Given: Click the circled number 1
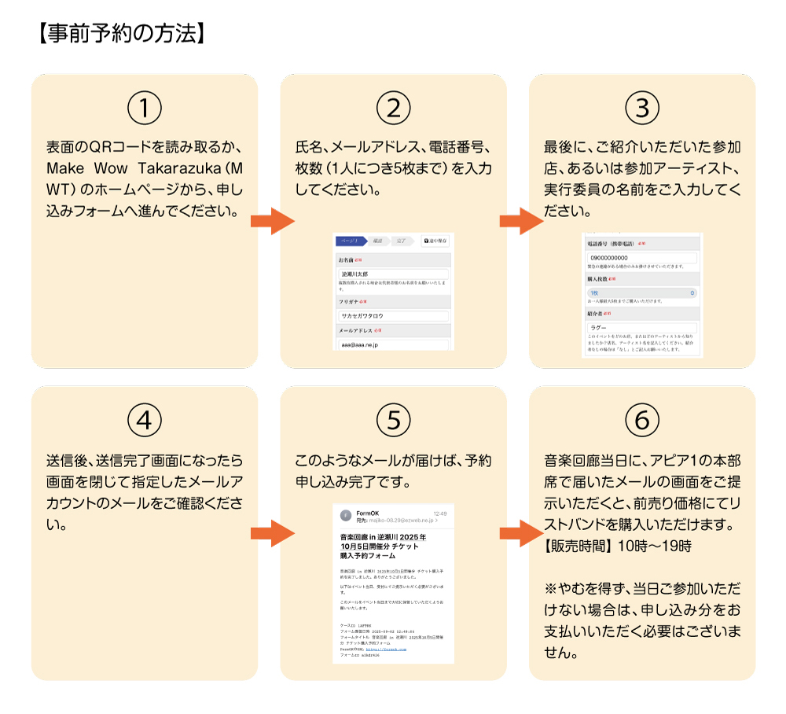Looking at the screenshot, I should pyautogui.click(x=145, y=109).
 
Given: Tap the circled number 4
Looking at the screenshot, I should pyautogui.click(x=145, y=421).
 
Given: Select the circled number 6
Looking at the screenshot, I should pyautogui.click(x=642, y=421).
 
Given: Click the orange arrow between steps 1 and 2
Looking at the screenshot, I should pyautogui.click(x=270, y=221).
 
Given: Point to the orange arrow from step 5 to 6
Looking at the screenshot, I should pyautogui.click(x=519, y=532).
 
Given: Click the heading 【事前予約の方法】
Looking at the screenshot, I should pyautogui.click(x=121, y=34).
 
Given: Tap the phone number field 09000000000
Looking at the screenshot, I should pyautogui.click(x=641, y=258).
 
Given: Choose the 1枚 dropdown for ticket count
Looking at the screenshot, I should pyautogui.click(x=641, y=293).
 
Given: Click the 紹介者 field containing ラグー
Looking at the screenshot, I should pyautogui.click(x=641, y=327).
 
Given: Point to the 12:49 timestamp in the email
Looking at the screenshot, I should pyautogui.click(x=439, y=513).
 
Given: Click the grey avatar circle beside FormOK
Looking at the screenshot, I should pyautogui.click(x=345, y=516).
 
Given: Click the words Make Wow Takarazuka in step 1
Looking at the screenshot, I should pyautogui.click(x=126, y=168).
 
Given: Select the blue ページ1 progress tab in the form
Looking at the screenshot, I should pyautogui.click(x=350, y=241).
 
